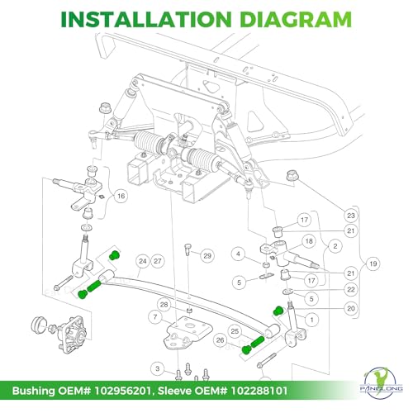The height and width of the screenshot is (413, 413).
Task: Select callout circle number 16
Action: (121, 196)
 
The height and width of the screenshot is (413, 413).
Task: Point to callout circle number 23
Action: (351, 216)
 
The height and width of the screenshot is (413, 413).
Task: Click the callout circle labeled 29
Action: (207, 256)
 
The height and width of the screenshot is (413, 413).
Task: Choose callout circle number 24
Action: (143, 261)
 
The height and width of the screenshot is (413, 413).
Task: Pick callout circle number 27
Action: (158, 261)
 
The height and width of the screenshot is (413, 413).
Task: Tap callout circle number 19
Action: (373, 263)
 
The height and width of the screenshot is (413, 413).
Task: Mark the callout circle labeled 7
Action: (155, 317)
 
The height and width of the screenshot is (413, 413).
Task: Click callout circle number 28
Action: (164, 305)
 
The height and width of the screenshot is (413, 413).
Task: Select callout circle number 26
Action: (221, 340)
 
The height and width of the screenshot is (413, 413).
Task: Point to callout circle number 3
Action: (158, 368)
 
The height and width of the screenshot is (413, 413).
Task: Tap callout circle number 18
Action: (309, 241)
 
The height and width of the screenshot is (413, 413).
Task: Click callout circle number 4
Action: (239, 254)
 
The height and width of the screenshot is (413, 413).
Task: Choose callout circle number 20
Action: (351, 308)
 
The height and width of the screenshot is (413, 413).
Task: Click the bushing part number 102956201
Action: (122, 391)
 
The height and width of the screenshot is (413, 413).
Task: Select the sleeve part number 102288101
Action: (259, 391)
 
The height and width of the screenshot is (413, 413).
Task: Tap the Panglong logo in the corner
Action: (382, 382)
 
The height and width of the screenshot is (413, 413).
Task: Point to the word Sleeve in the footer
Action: (175, 391)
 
